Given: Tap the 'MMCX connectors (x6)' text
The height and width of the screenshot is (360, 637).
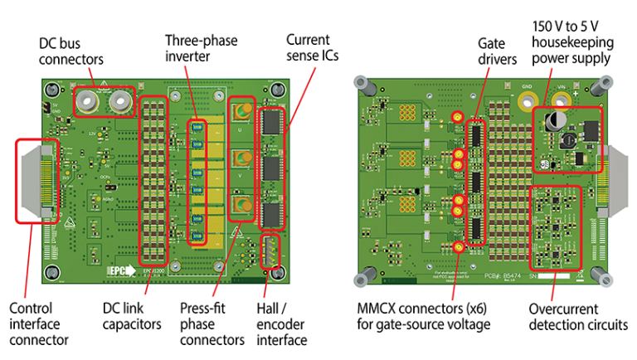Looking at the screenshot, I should [x=420, y=309].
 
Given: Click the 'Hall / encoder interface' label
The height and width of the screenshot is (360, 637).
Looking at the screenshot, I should [x=281, y=324].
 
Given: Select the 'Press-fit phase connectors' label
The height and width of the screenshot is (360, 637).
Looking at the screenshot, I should [x=212, y=324].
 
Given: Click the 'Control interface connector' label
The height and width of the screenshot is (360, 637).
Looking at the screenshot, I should [x=38, y=324].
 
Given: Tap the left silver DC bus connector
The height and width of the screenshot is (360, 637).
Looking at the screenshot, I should [x=86, y=101].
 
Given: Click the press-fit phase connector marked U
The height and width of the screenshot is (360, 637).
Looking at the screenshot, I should [x=241, y=112].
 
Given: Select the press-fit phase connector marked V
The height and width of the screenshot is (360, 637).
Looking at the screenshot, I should [x=241, y=159].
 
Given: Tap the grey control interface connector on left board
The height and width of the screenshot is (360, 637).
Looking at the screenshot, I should [x=35, y=180].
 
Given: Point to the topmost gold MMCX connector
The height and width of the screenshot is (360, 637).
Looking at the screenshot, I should [x=457, y=119].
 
